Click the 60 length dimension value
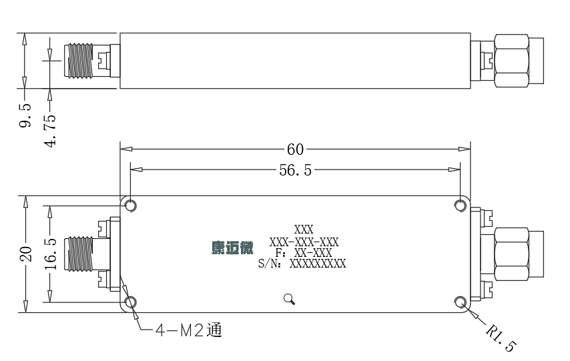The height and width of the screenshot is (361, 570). [x=295, y=149]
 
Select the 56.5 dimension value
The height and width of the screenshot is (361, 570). [x=295, y=170]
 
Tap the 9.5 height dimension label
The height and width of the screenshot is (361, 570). [x=25, y=115]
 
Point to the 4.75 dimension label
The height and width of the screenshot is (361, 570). [x=50, y=131]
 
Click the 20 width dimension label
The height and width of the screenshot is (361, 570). [x=26, y=254]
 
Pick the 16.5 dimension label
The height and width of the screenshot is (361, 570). [x=51, y=254]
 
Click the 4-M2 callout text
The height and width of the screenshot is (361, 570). [x=189, y=330]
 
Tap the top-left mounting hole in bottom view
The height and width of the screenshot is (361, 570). [x=131, y=206]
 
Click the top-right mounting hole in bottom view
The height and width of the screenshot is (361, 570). [x=461, y=206]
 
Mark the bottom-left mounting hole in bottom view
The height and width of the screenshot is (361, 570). [x=131, y=302]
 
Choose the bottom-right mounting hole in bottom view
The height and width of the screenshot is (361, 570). [x=461, y=302]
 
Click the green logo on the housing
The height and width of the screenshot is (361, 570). [x=232, y=248]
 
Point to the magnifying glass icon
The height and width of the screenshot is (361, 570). [x=290, y=299]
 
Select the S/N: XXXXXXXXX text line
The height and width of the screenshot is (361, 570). [x=302, y=264]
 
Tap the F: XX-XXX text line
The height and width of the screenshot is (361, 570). [x=304, y=253]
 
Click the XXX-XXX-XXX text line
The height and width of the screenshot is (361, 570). [x=304, y=242]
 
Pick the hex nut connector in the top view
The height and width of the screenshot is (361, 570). [x=511, y=61]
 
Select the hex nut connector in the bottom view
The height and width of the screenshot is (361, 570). [x=511, y=254]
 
